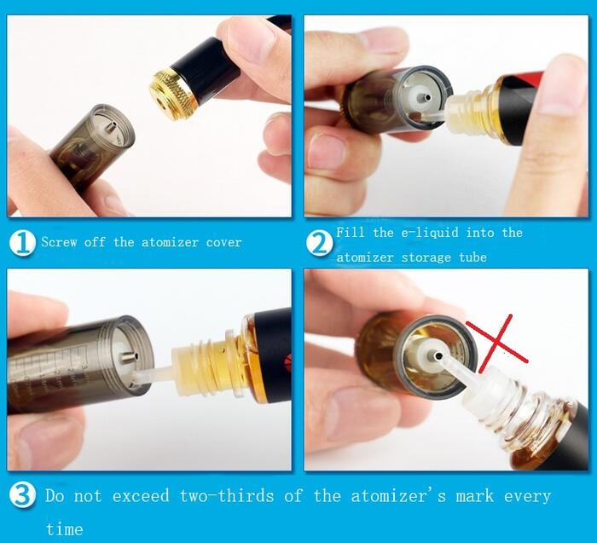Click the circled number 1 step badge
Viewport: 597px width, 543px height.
(x=22, y=242)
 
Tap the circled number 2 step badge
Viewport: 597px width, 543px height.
(x=320, y=244)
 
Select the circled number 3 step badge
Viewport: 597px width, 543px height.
(x=22, y=495)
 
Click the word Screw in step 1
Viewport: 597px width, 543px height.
(x=59, y=242)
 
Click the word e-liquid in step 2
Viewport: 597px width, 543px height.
(x=430, y=233)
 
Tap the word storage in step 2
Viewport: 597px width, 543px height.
(x=426, y=257)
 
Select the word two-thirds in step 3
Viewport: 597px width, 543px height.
(x=227, y=496)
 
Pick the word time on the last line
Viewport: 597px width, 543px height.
(x=64, y=529)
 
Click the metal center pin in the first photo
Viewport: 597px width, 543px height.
(x=110, y=127)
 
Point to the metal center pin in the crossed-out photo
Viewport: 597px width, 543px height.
(x=435, y=355)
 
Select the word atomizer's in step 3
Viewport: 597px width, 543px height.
(x=398, y=496)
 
